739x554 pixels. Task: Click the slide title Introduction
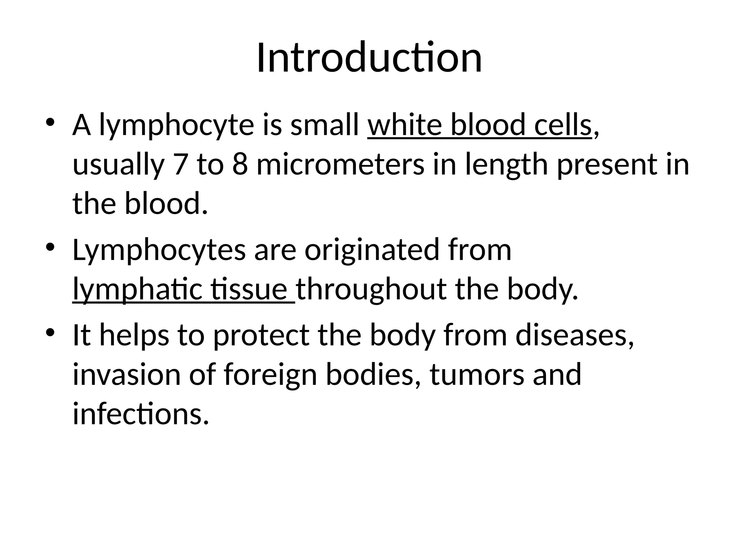369,58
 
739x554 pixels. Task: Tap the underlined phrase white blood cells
480,125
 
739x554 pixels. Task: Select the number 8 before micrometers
240,164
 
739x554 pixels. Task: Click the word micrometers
340,164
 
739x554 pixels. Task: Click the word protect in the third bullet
261,335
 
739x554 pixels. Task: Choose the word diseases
574,335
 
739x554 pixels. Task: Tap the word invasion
126,374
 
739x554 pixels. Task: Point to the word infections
141,414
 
